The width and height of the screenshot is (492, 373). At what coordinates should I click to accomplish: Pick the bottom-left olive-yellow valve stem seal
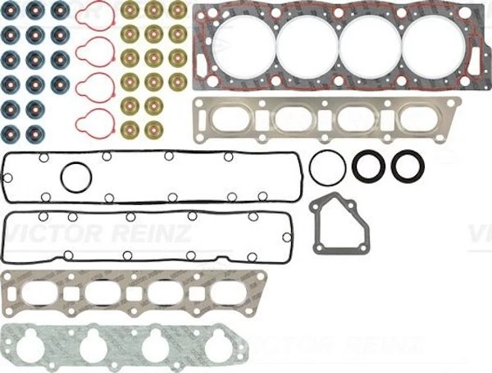[x=130, y=129]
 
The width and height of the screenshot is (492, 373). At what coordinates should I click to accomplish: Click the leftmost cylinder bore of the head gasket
[x=244, y=46]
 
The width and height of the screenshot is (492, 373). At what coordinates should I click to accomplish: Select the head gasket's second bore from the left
[x=307, y=46]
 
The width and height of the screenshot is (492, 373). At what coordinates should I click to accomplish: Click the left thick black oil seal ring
[x=368, y=166]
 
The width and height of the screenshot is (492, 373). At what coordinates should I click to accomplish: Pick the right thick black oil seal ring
[x=408, y=166]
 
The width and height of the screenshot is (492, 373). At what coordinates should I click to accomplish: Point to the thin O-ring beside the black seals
[x=328, y=169]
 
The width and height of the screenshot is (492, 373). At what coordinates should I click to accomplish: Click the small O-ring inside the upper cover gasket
[x=76, y=176]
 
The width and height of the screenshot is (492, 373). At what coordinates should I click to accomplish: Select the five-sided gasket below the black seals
[x=339, y=224]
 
